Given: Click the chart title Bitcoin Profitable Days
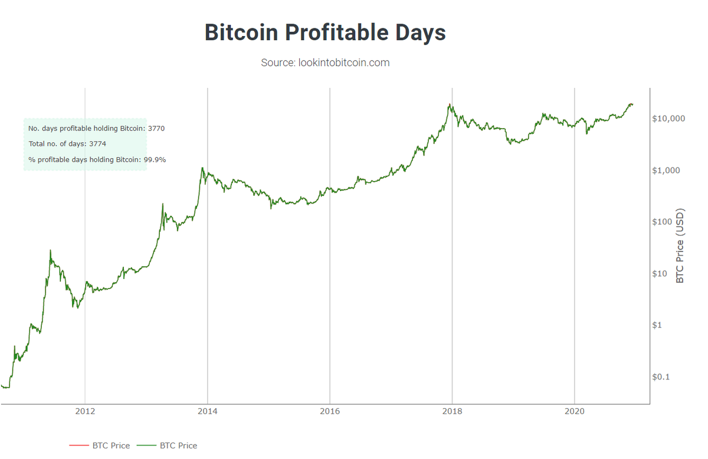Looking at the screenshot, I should tap(325, 32).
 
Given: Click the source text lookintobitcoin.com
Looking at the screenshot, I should tap(325, 63).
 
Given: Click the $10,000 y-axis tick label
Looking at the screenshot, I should tap(668, 119).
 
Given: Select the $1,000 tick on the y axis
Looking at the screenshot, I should tap(666, 171).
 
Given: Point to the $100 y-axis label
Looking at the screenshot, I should tap(664, 222).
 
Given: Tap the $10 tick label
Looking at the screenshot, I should tap(661, 274).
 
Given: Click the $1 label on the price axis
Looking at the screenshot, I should tap(659, 325).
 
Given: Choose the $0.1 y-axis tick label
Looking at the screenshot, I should tap(661, 377).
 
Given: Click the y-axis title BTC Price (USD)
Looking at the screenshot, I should tap(680, 245).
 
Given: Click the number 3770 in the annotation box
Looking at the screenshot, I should tap(156, 128).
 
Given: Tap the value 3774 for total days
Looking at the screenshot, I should tap(97, 144).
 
